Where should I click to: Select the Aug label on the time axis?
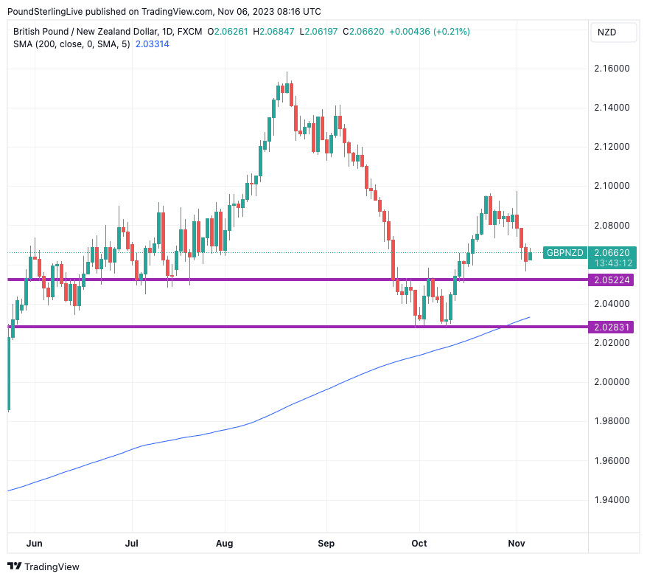tap(225, 544)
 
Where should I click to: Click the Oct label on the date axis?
tap(419, 544)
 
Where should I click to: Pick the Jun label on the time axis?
tap(34, 544)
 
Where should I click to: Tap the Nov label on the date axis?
tap(517, 544)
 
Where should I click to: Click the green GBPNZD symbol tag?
tap(564, 253)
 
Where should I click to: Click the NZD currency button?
tap(606, 32)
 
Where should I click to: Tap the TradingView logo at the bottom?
tap(43, 566)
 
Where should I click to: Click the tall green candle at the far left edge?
tap(9, 372)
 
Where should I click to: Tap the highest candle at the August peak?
tap(287, 89)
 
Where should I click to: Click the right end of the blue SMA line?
tap(529, 317)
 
